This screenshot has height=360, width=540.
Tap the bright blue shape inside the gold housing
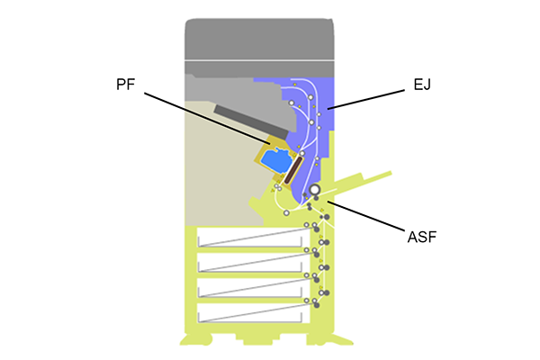[280, 161]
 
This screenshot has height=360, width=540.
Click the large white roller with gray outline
[314, 190]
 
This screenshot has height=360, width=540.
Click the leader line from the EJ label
[364, 98]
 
